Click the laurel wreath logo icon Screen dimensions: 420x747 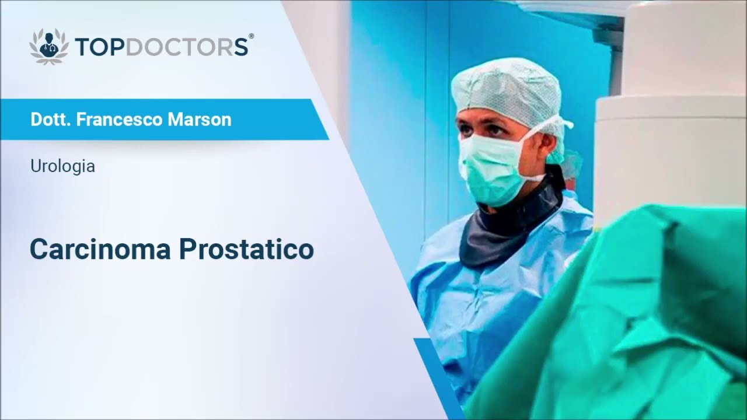click(49, 46)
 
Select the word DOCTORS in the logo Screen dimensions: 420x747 click(187, 47)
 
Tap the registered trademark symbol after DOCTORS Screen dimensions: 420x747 click(251, 36)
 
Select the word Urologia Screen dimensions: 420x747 click(62, 166)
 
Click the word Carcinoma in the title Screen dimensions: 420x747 click(100, 249)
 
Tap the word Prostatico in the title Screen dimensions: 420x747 click(246, 249)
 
